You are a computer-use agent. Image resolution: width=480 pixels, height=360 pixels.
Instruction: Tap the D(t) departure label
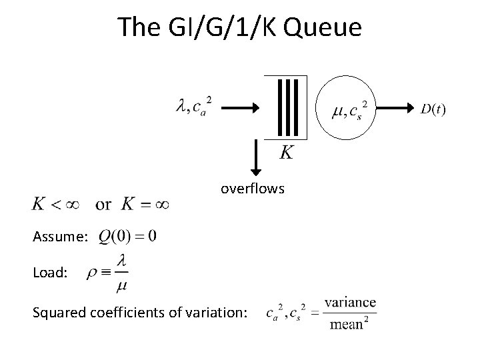point(433,109)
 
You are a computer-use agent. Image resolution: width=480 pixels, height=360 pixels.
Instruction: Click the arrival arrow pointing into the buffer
point(239,107)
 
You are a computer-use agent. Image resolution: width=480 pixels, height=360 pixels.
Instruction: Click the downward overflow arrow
point(255,157)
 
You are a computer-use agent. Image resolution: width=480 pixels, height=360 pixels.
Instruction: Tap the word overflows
point(253,189)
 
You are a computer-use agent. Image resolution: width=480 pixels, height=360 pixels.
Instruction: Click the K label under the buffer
point(285,153)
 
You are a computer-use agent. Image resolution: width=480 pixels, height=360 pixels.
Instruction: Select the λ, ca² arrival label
point(194,105)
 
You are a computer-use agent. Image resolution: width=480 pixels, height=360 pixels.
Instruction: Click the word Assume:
point(59,238)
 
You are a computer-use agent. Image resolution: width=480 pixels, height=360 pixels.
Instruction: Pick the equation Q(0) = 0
point(127,237)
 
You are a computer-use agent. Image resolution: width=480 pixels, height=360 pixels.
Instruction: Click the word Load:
point(49,273)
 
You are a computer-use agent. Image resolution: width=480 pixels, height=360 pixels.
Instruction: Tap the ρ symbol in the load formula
point(92,273)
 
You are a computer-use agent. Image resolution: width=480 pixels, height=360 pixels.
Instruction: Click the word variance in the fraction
point(351,302)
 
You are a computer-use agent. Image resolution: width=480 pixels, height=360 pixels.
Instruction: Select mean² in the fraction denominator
point(351,325)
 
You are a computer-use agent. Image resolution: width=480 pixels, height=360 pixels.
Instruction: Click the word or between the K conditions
point(104,205)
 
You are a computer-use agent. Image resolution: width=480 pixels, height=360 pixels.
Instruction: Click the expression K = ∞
point(144,204)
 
